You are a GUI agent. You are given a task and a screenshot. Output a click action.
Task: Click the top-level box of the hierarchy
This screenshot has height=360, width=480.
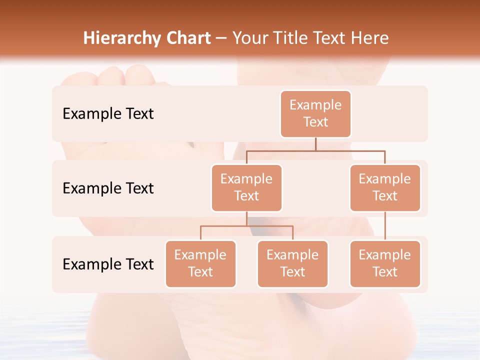(x=315, y=113)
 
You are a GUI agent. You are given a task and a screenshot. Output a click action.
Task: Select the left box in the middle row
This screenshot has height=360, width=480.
(x=246, y=187)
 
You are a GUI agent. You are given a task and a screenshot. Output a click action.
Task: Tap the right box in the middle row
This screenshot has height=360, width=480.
(x=385, y=187)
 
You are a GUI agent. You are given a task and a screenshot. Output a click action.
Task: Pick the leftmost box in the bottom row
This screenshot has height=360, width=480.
(x=200, y=263)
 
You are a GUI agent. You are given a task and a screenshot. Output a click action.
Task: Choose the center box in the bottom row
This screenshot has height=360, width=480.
(x=292, y=263)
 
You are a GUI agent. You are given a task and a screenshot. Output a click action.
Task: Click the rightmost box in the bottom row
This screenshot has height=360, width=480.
(x=385, y=263)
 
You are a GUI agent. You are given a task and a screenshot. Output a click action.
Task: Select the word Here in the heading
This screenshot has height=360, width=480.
(x=369, y=38)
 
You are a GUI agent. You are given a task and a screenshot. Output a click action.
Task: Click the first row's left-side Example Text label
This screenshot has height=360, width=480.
(x=108, y=113)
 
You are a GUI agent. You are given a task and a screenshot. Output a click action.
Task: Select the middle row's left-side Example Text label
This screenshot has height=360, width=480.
(x=108, y=188)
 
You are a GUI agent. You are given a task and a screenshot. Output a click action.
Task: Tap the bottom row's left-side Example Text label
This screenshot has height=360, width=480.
(x=108, y=264)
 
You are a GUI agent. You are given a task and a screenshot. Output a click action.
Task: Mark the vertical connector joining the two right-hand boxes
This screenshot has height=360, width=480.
(x=385, y=226)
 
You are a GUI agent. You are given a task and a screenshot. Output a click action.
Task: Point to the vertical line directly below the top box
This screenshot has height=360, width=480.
(x=315, y=144)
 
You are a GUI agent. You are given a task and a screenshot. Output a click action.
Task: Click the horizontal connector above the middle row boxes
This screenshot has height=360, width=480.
(x=315, y=150)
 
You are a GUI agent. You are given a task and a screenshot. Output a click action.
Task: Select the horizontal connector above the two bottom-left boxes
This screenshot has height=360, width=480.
(x=246, y=226)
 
